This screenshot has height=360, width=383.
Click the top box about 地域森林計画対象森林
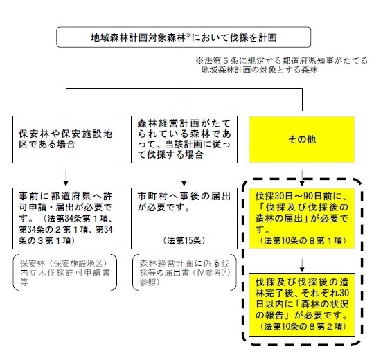point(184,37)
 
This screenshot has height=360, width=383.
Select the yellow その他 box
point(302,139)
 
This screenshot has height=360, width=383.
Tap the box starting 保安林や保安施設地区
point(66,139)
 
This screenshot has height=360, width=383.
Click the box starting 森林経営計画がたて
point(184,139)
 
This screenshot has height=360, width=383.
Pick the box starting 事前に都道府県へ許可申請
point(66,218)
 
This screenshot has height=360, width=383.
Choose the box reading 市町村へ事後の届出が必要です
point(184,218)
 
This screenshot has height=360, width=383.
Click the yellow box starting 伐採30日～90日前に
point(302,218)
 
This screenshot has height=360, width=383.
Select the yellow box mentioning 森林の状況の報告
point(302,305)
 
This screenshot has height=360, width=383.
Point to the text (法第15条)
point(184,241)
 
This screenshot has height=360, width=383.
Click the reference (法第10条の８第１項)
point(303,241)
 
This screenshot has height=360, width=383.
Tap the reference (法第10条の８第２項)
point(303,327)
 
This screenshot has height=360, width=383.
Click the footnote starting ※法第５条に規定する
point(281,65)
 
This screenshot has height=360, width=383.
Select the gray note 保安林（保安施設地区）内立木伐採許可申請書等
point(65,273)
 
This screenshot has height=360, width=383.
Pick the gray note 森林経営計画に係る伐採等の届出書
point(184,273)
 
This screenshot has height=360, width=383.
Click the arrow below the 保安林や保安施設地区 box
point(66,179)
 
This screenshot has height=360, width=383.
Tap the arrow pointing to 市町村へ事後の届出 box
point(184,179)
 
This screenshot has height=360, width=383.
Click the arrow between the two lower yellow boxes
point(302,265)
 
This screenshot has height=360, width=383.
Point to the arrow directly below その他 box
point(302,179)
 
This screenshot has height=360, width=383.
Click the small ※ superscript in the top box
point(188,35)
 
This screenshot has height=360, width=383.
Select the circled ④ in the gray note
point(226,273)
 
